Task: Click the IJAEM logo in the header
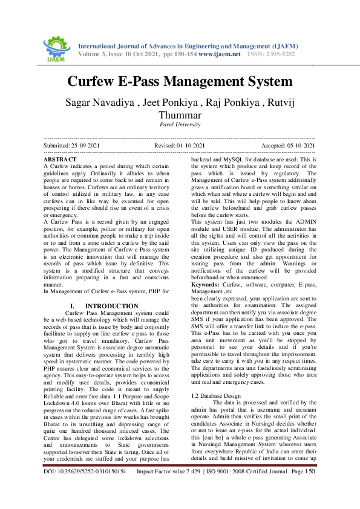coord(55,47)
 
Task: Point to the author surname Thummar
coord(180,115)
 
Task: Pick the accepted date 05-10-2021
coord(300,146)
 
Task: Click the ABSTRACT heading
coord(60,158)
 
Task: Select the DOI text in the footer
coord(85,488)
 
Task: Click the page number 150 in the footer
coord(309,488)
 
